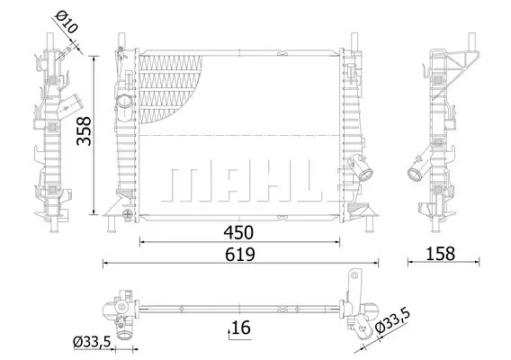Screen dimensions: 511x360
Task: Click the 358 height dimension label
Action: click(84, 130)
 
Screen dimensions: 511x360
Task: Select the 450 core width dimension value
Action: click(238, 232)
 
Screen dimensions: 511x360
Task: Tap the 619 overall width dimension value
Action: click(240, 255)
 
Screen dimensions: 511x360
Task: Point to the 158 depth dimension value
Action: click(440, 254)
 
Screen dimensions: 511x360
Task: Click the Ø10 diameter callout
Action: click(67, 22)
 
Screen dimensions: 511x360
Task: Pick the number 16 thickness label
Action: click(241, 328)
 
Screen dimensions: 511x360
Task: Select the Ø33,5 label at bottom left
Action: click(93, 342)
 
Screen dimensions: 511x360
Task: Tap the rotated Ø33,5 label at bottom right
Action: click(392, 321)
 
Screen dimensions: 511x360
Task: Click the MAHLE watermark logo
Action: click(253, 184)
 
